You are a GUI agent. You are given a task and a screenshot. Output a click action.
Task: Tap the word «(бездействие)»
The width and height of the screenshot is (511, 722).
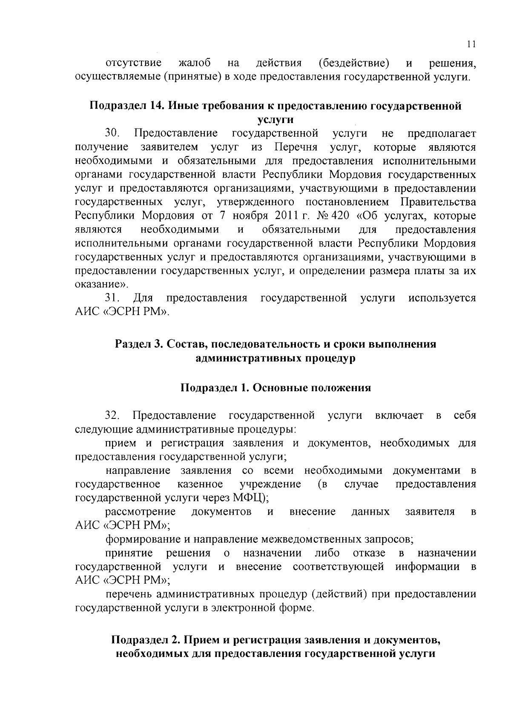tap(353, 63)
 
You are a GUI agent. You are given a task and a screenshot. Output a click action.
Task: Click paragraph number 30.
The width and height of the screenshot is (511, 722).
tap(113, 134)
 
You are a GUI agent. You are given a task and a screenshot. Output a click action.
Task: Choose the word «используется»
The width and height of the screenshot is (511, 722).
tap(442, 298)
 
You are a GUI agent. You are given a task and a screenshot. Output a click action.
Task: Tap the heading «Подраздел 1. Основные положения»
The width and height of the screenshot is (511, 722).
tap(276, 388)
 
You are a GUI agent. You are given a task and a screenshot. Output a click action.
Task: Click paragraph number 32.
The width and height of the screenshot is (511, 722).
tap(113, 415)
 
